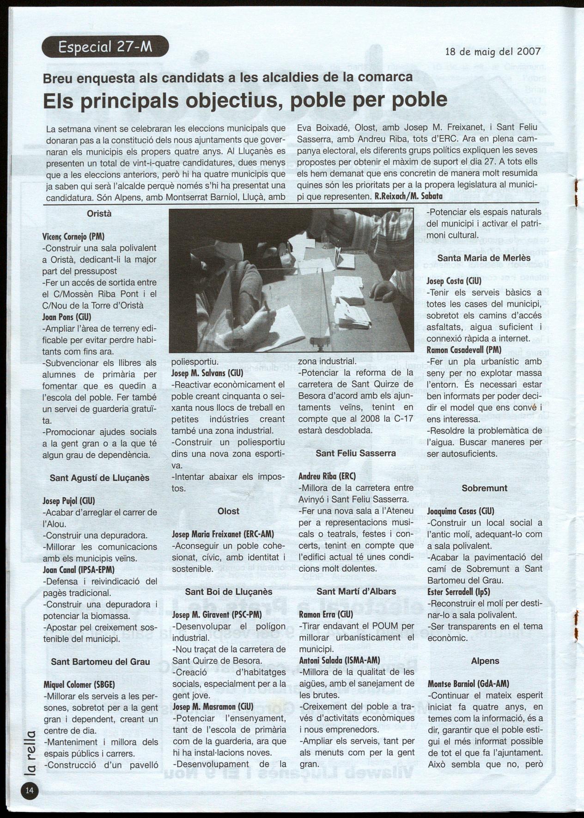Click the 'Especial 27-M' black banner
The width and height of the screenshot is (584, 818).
pyautogui.click(x=105, y=46)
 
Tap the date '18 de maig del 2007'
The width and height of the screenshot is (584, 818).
pyautogui.click(x=493, y=51)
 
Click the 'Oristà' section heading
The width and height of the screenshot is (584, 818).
pyautogui.click(x=99, y=214)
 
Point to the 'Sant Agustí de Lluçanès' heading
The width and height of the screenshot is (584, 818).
pyautogui.click(x=99, y=478)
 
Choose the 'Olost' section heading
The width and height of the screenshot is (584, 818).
pyautogui.click(x=228, y=511)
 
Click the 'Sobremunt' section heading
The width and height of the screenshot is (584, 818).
pyautogui.click(x=484, y=488)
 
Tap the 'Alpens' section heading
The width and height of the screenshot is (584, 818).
pyautogui.click(x=485, y=661)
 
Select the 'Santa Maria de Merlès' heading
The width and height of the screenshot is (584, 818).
pyautogui.click(x=484, y=258)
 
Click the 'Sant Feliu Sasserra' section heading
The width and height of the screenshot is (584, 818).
pyautogui.click(x=356, y=453)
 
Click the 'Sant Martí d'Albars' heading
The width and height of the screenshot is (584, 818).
pyautogui.click(x=356, y=592)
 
